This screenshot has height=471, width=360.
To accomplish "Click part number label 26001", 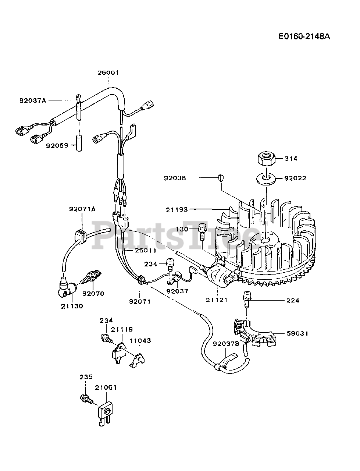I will click(108, 73).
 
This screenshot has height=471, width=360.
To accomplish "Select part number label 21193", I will click(177, 209).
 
